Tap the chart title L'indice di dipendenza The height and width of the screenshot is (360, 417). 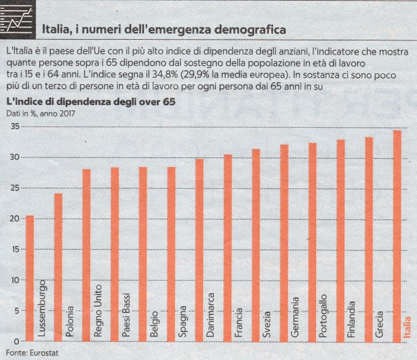pyautogui.click(x=90, y=102)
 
